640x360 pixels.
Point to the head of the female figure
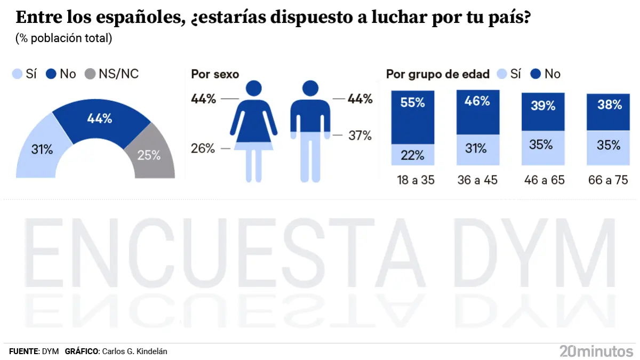point(254,89)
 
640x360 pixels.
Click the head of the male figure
point(310,89)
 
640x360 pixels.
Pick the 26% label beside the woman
point(203,148)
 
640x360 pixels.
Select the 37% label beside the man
point(359,135)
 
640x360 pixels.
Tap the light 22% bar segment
point(413,155)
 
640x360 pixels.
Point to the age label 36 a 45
point(477,180)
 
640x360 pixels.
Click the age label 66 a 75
point(609,180)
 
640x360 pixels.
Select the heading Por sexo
point(215,74)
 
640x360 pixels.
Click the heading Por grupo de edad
point(437,74)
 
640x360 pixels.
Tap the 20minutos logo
point(596,351)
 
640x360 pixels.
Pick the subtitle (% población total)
point(64,38)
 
